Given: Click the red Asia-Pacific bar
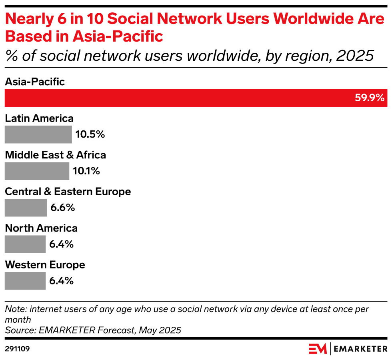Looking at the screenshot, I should [x=176, y=98].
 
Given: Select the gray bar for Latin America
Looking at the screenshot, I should [x=38, y=134].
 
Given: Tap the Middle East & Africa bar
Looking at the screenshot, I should [x=37, y=171].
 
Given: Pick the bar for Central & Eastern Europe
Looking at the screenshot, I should [x=26, y=208].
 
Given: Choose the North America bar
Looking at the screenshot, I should [x=25, y=244].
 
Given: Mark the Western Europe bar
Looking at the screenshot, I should [x=25, y=281].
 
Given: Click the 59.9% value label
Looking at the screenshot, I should [x=369, y=98].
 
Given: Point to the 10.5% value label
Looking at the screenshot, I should [x=90, y=134].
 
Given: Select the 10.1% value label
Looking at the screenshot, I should [x=86, y=171].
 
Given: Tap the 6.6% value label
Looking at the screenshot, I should [x=62, y=208].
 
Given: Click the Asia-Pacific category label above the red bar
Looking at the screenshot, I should [x=35, y=82].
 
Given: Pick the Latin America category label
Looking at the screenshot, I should [x=39, y=118].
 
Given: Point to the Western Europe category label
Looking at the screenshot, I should [x=45, y=265].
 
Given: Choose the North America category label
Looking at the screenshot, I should [x=41, y=228].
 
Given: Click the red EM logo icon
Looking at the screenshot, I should [x=318, y=348].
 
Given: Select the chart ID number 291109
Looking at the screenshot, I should [x=17, y=349].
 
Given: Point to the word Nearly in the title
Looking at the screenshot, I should [x=28, y=19].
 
